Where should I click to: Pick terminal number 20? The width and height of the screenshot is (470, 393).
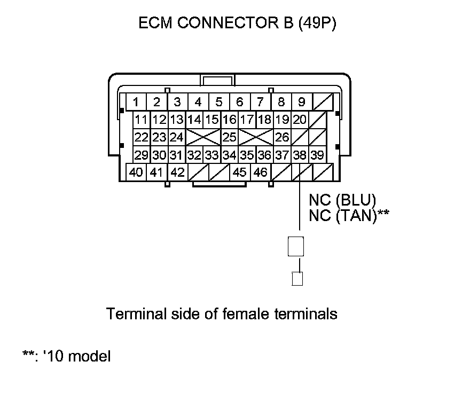(300, 120)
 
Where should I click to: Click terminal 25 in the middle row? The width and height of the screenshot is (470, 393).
(229, 137)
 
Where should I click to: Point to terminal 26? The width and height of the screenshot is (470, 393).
(282, 137)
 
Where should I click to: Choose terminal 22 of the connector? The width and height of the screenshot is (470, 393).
(142, 137)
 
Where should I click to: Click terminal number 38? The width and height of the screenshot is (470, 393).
(300, 155)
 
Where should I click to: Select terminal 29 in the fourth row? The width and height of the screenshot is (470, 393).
(142, 155)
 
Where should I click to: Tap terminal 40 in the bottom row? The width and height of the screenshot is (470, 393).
(136, 173)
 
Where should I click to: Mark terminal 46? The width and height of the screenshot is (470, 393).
(260, 173)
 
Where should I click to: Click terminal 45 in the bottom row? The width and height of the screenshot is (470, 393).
(240, 173)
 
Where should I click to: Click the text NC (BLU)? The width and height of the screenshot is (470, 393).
(342, 200)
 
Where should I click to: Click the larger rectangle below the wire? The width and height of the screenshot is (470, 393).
(296, 247)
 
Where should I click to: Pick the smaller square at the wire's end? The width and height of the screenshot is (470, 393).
(297, 279)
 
